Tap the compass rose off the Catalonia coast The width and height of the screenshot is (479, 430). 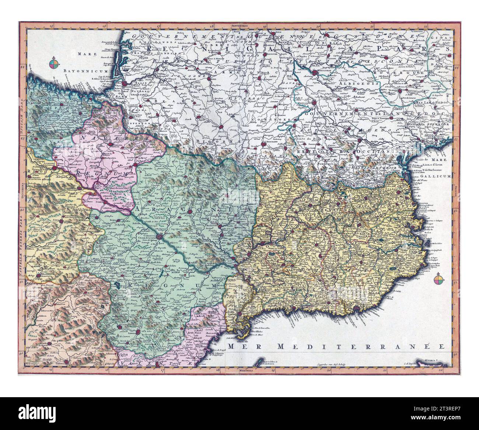(x=439, y=280)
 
